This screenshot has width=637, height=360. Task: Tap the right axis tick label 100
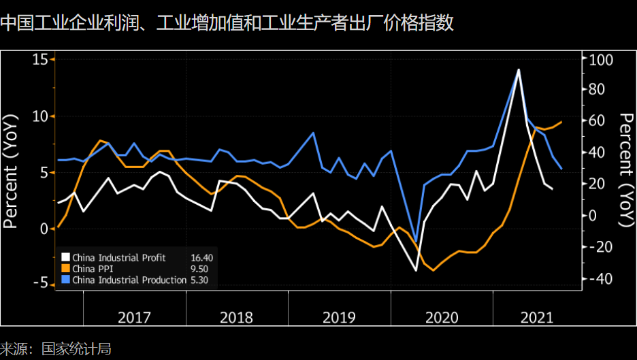[x=601, y=60]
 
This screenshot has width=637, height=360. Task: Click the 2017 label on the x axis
[x=135, y=318]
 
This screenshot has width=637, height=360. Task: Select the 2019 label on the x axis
[x=339, y=318]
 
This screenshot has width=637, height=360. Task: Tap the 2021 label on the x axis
[x=537, y=318]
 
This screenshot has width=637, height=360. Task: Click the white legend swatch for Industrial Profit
[x=65, y=257]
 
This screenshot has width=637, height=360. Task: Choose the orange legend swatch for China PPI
[x=65, y=269]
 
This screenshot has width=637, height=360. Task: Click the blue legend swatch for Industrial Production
[x=65, y=280]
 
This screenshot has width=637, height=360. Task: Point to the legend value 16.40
[x=202, y=257]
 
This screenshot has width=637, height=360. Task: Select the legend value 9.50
[x=200, y=269]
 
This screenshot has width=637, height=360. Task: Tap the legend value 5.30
[x=200, y=280]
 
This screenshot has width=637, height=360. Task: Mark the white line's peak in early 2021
[x=519, y=69]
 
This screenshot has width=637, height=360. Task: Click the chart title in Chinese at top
[x=227, y=24]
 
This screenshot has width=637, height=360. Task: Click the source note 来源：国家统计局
[x=55, y=348]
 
